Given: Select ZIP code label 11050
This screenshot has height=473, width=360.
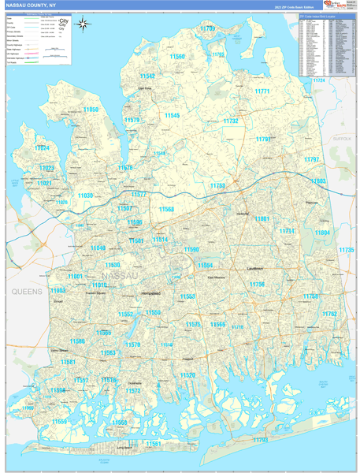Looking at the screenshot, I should [x=91, y=110].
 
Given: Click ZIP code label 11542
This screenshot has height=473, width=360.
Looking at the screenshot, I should [x=147, y=76].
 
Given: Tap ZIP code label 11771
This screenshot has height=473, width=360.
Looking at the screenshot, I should [x=262, y=91].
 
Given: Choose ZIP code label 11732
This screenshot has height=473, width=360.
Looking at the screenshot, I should [x=230, y=121].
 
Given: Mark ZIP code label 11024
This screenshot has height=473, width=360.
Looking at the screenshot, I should [x=42, y=148].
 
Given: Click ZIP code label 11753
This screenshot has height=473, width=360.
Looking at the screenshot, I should [x=217, y=186].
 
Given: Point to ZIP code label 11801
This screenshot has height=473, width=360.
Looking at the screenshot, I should [x=262, y=218].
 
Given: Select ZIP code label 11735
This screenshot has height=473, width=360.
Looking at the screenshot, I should [x=346, y=250].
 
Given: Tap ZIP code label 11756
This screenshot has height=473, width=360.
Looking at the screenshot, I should [x=257, y=284].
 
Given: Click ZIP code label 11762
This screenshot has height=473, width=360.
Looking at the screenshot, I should [x=328, y=314].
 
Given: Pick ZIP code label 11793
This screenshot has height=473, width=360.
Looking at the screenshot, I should [x=260, y=439].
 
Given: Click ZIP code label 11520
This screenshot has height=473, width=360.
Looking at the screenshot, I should [x=187, y=375].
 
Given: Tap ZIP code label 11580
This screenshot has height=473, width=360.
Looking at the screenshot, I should [x=77, y=341].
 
